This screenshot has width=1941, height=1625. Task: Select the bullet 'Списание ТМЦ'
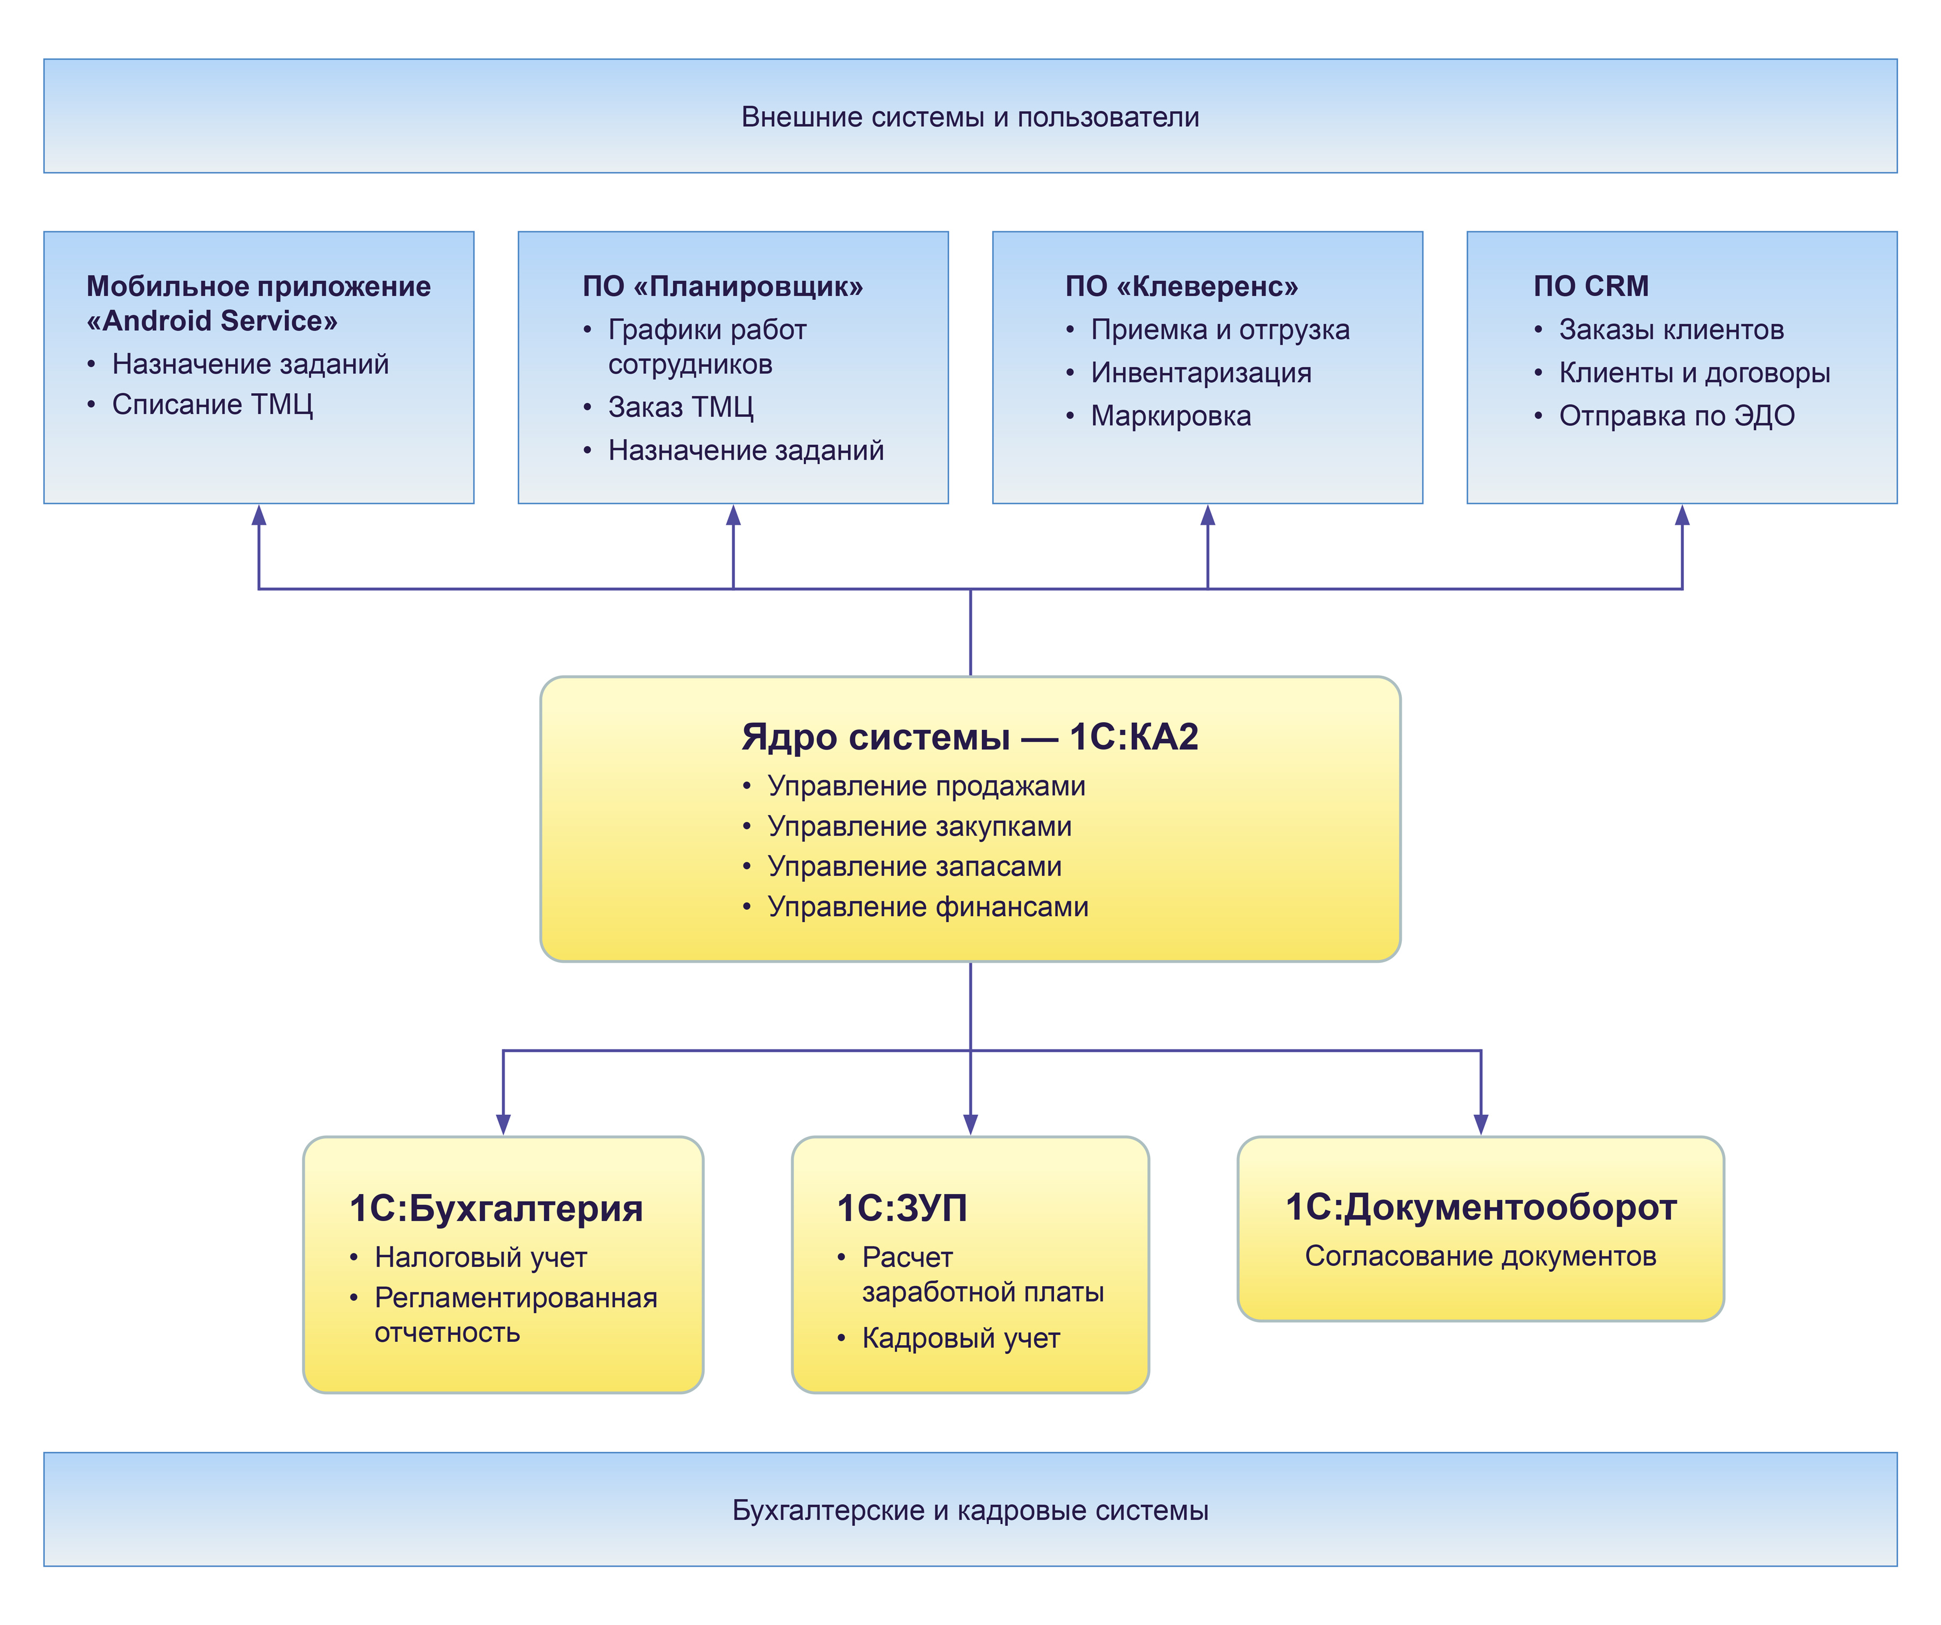point(212,405)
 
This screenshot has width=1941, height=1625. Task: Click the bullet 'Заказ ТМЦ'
point(680,408)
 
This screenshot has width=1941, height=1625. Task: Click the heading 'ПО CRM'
point(1590,286)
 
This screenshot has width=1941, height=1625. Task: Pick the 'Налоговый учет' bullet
point(480,1258)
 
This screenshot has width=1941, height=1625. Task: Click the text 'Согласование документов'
point(1480,1256)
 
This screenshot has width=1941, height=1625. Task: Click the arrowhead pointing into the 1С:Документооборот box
point(1481,1124)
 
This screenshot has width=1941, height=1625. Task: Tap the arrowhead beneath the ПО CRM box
point(1682,516)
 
